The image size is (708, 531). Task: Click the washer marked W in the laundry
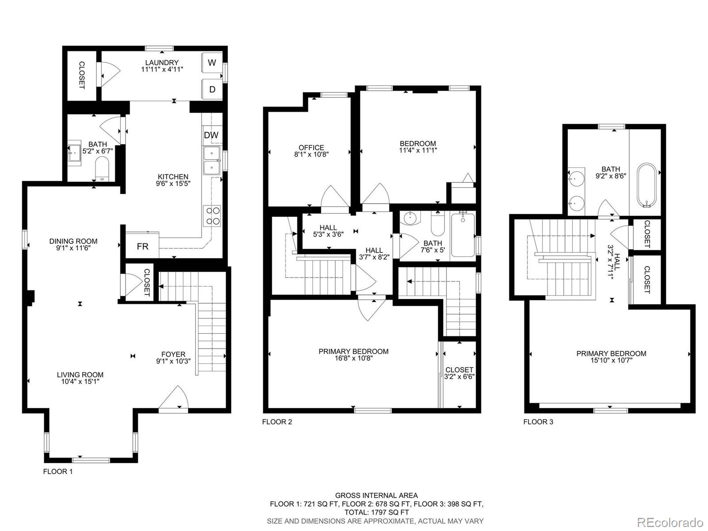coord(212,62)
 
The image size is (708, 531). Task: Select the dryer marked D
coord(212,89)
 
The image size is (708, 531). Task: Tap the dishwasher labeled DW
coord(211,135)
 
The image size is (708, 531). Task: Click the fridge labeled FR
coord(142,246)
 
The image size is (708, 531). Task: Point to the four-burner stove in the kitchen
coord(212,215)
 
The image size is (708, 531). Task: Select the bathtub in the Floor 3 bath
coord(646,185)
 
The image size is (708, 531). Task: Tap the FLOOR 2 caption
coord(277,422)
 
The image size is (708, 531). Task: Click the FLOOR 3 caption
coord(538,422)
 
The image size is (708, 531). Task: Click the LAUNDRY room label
coord(162,62)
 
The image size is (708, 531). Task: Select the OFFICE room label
coord(311,148)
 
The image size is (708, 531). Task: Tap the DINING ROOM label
coord(73,241)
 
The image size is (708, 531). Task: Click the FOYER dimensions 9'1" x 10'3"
coord(173,361)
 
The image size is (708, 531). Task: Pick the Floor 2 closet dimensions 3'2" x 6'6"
coord(459,377)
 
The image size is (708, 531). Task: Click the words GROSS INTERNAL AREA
coord(377,496)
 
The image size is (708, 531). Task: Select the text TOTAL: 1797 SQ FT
coord(377,512)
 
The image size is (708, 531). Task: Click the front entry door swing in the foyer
coord(174,398)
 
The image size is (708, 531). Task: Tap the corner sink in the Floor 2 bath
coord(410,218)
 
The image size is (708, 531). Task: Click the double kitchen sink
coord(212,160)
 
